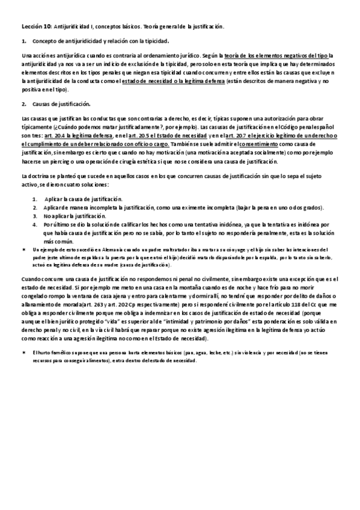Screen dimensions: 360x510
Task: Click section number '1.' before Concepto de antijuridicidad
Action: pos(24,41)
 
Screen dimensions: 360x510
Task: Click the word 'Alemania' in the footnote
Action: pos(99,249)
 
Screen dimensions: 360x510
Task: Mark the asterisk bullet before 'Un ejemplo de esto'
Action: pos(24,249)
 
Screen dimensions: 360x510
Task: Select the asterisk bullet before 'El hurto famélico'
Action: pos(24,351)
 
